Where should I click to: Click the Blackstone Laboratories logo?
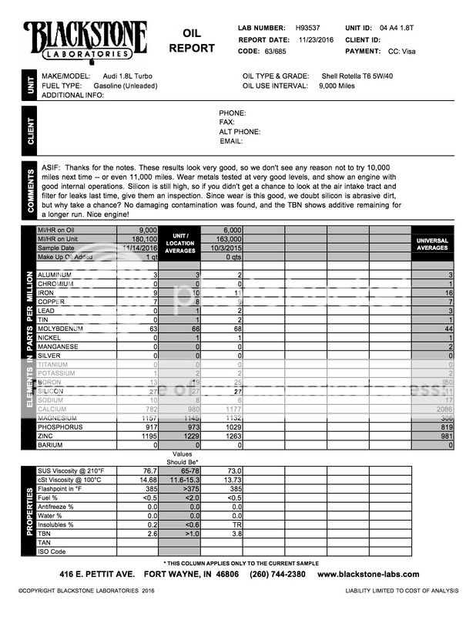pos(86,39)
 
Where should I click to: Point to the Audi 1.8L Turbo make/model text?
pos(132,76)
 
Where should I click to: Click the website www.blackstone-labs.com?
pos(367,574)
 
